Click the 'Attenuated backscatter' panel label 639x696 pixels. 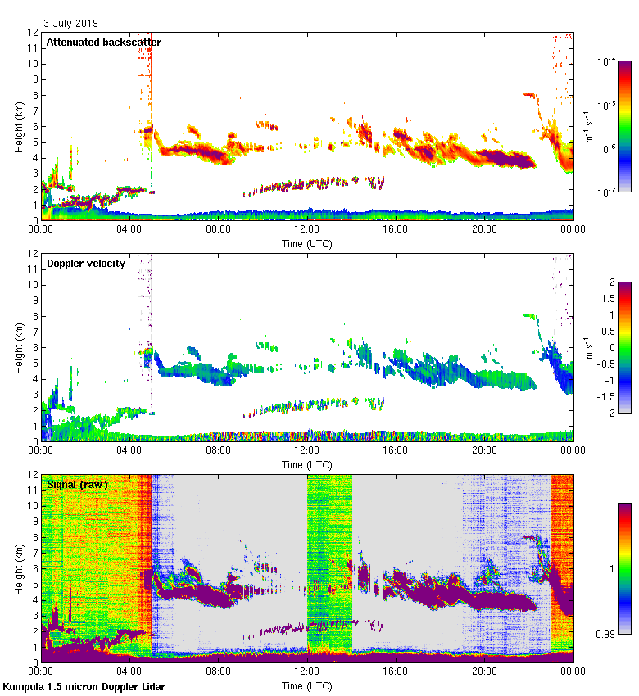click(x=103, y=42)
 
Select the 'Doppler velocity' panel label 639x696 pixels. click(x=86, y=263)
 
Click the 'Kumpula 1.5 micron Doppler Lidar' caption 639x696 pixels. click(x=84, y=687)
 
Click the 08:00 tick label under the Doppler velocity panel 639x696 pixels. click(x=219, y=451)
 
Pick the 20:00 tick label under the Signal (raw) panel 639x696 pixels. click(x=484, y=672)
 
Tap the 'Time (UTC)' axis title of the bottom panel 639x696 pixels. click(x=307, y=685)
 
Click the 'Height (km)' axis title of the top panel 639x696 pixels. click(x=18, y=126)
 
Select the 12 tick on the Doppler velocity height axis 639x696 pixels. click(x=34, y=254)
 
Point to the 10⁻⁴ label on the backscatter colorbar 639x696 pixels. click(x=606, y=61)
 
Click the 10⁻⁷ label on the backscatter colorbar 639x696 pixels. click(x=606, y=192)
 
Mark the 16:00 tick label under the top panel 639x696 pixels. click(x=396, y=230)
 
